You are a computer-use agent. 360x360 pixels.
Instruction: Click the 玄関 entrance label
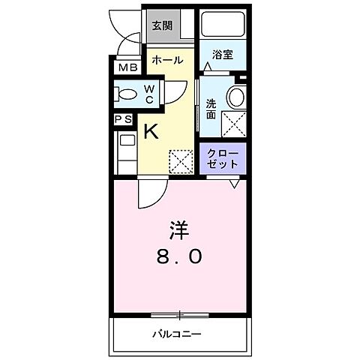(162, 25)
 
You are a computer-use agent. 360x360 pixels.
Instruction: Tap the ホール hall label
(166, 60)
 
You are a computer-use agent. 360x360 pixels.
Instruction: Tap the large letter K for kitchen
(150, 132)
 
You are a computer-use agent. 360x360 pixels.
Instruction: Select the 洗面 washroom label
(211, 109)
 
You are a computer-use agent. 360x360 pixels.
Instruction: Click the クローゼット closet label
(223, 158)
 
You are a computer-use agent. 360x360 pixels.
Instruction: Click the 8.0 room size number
(178, 257)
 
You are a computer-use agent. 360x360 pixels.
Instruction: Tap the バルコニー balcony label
(178, 333)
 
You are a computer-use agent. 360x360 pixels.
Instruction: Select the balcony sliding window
(179, 313)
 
